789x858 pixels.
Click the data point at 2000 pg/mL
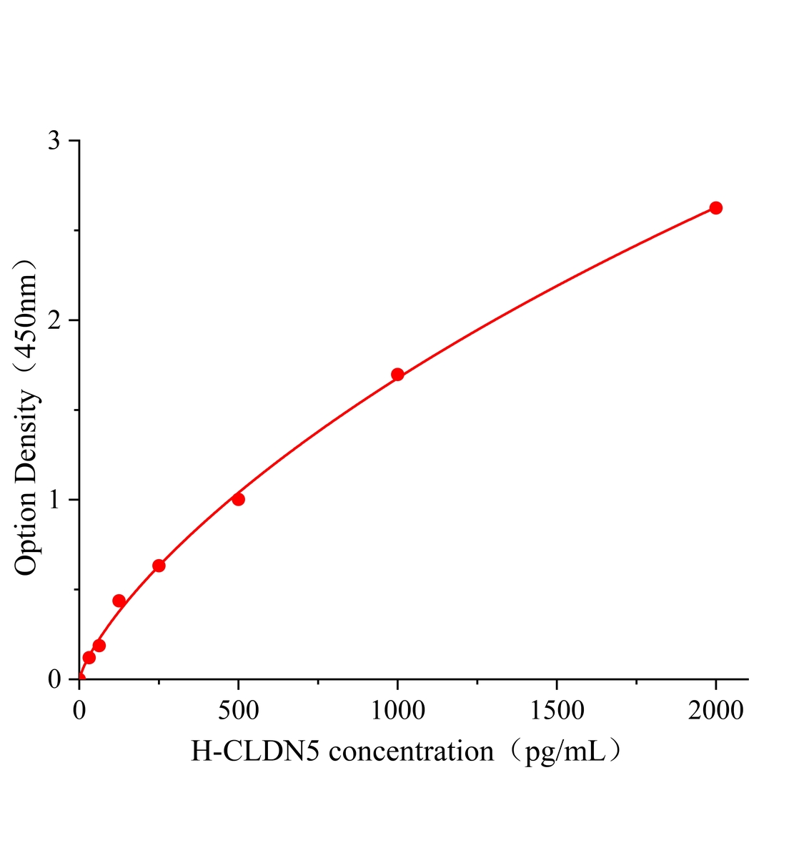point(715,208)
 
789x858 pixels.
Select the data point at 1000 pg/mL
point(397,375)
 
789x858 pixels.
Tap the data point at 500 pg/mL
point(238,499)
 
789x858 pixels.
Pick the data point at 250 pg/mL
point(159,566)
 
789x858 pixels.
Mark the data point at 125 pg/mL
point(119,601)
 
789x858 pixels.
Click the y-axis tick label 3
point(54,141)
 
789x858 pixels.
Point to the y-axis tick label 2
point(54,320)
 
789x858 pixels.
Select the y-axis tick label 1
point(54,499)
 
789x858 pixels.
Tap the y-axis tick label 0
point(54,679)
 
